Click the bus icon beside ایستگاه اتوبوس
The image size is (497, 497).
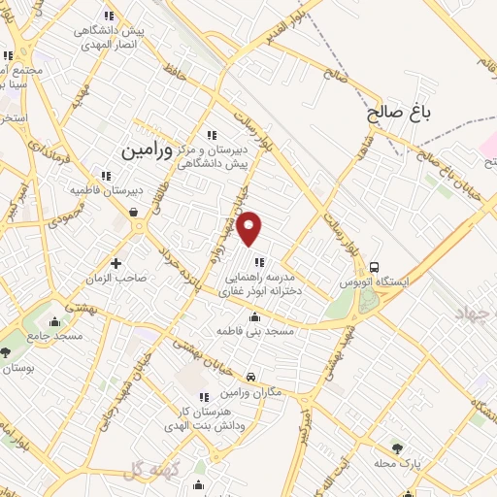[x=374, y=265]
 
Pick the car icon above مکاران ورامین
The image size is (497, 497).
[x=251, y=377]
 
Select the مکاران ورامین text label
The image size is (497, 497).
[x=251, y=391]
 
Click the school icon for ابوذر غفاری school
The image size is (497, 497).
[x=259, y=261]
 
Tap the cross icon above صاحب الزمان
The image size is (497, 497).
[x=116, y=263]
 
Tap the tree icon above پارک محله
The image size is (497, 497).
[x=397, y=447]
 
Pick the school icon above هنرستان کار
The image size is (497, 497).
[x=204, y=396]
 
